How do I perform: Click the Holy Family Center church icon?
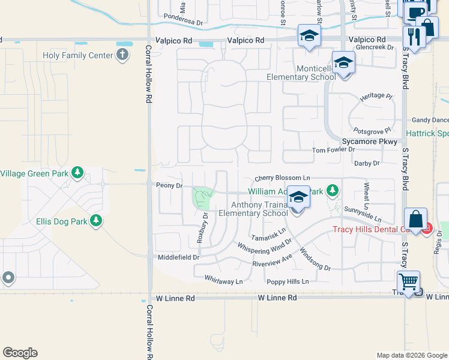point(122,55)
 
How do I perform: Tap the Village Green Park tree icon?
point(77,173)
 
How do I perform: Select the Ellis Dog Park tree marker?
point(95,221)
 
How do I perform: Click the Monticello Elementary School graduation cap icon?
point(343,62)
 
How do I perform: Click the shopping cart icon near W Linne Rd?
point(408,281)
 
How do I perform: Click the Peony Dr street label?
point(169,185)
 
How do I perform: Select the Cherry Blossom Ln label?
point(282,178)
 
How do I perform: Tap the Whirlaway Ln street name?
point(223,281)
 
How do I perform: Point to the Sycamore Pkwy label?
point(369,142)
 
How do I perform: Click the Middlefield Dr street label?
point(178,257)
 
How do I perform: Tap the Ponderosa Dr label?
point(184,18)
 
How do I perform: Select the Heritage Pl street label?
point(376,97)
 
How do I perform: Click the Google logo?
point(20,353)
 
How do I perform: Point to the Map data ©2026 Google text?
point(411,355)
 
